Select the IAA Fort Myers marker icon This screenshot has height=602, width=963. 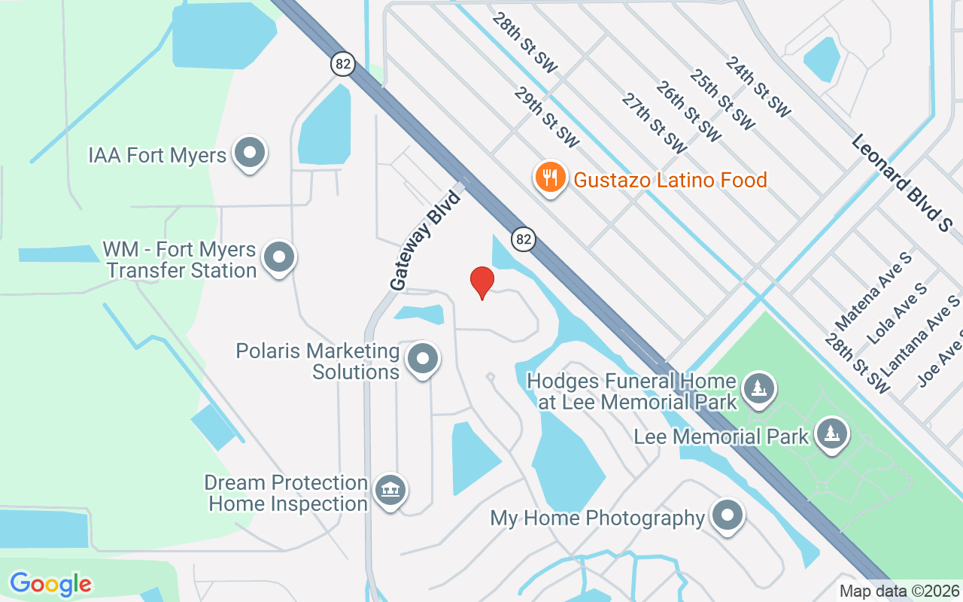click(249, 154)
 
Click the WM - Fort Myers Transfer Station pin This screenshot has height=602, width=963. click(280, 258)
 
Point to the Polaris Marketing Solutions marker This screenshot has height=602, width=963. click(423, 359)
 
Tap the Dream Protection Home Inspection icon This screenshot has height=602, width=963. click(390, 491)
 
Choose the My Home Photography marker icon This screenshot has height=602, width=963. click(727, 516)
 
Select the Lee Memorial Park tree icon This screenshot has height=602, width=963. click(832, 434)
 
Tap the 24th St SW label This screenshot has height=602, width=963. click(758, 87)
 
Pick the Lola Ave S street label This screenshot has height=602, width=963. click(898, 312)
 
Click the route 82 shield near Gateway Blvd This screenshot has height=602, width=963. click(524, 239)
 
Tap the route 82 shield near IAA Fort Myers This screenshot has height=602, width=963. click(343, 64)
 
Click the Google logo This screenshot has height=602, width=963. click(51, 583)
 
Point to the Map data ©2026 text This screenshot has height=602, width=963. click(900, 591)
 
